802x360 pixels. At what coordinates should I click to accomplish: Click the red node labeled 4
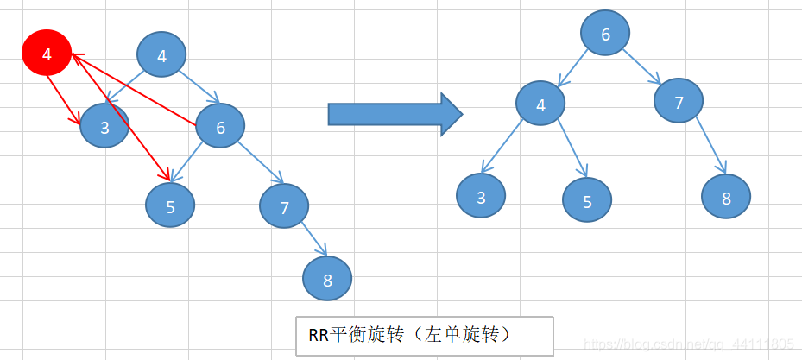coord(46,54)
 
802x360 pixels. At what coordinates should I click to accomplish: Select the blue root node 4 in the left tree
coord(161,56)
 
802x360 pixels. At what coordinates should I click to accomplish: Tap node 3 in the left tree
coord(104,128)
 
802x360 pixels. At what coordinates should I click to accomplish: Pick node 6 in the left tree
coord(220,128)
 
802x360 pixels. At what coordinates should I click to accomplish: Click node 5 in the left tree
coord(170,205)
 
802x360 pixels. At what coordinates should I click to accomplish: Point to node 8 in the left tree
coord(327,279)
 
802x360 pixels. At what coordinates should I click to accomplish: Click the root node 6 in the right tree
coord(605,35)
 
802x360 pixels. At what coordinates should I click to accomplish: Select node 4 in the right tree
coord(540,104)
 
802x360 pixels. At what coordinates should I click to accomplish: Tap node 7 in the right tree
coord(679,102)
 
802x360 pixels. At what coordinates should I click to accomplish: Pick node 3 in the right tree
coord(481,196)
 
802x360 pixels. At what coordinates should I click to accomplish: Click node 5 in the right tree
coord(587,201)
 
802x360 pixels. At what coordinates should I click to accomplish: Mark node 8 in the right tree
coord(726,197)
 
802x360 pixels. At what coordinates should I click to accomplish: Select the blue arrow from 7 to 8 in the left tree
coord(314,241)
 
